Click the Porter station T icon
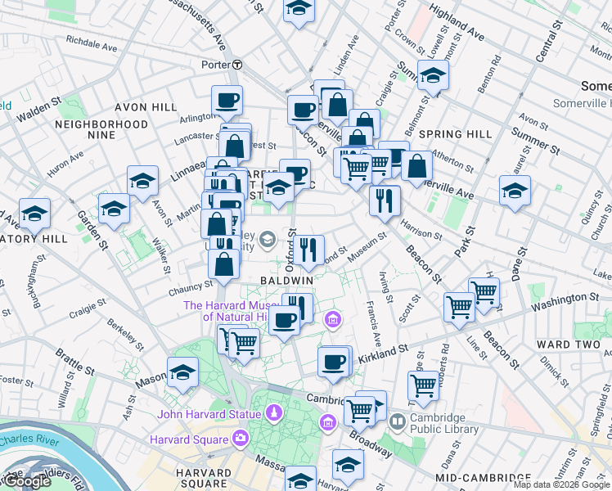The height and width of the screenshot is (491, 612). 236,65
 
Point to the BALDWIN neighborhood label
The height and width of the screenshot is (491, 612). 286,280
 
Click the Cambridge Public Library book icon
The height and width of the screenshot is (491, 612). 398,422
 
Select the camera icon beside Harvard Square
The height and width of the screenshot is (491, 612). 239,439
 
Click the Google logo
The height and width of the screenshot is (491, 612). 26,482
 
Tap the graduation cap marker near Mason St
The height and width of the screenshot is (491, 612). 182,372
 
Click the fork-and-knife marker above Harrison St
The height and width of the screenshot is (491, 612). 385,200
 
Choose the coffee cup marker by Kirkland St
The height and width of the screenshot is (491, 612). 333,361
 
